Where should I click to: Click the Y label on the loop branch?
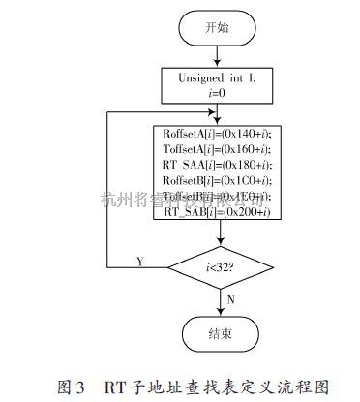(x=140, y=259)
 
